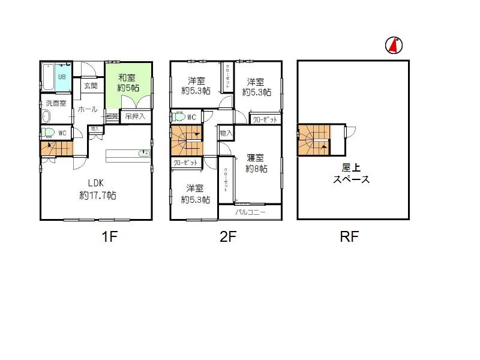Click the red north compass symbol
coord(394,44)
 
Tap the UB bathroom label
coord(61,77)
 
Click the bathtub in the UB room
coord(48,77)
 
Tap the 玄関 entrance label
coord(91,86)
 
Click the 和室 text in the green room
coord(125,77)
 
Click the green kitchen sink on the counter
coord(143,154)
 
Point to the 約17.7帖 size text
coord(97,196)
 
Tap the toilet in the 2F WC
coord(178,116)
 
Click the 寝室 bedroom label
coord(256,158)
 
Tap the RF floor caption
coord(349,236)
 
